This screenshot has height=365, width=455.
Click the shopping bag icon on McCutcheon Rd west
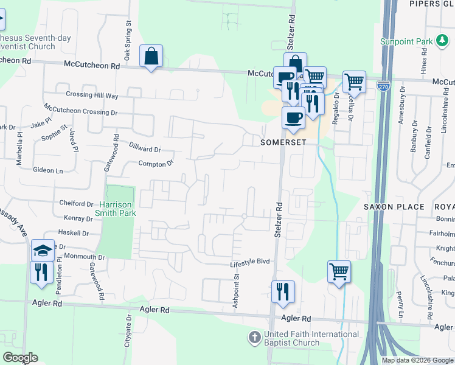point(150,57)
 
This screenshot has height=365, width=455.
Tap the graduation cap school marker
point(43,250)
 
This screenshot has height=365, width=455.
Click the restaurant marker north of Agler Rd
point(283,292)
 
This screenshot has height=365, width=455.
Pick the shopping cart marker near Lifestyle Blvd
point(339,271)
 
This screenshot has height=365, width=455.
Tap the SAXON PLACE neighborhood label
point(394,207)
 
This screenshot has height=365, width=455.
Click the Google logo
point(21,358)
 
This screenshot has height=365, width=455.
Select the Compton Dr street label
point(156,163)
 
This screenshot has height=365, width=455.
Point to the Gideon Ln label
point(47,171)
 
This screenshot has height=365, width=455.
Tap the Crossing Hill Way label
point(92,96)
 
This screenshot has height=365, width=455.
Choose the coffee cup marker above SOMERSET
point(293,117)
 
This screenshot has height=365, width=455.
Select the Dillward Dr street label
point(145,148)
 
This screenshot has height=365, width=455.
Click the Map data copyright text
point(417,360)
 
